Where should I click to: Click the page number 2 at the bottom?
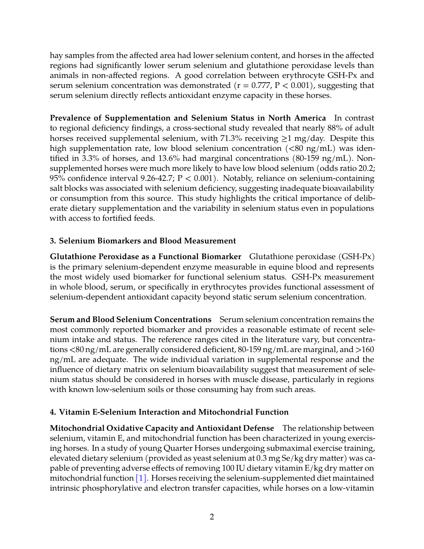(212, 517)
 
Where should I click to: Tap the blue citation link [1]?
(141, 478)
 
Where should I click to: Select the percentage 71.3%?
(231, 138)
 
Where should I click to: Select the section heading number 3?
(53, 241)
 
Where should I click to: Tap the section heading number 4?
(53, 412)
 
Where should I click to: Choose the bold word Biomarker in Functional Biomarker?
(221, 257)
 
